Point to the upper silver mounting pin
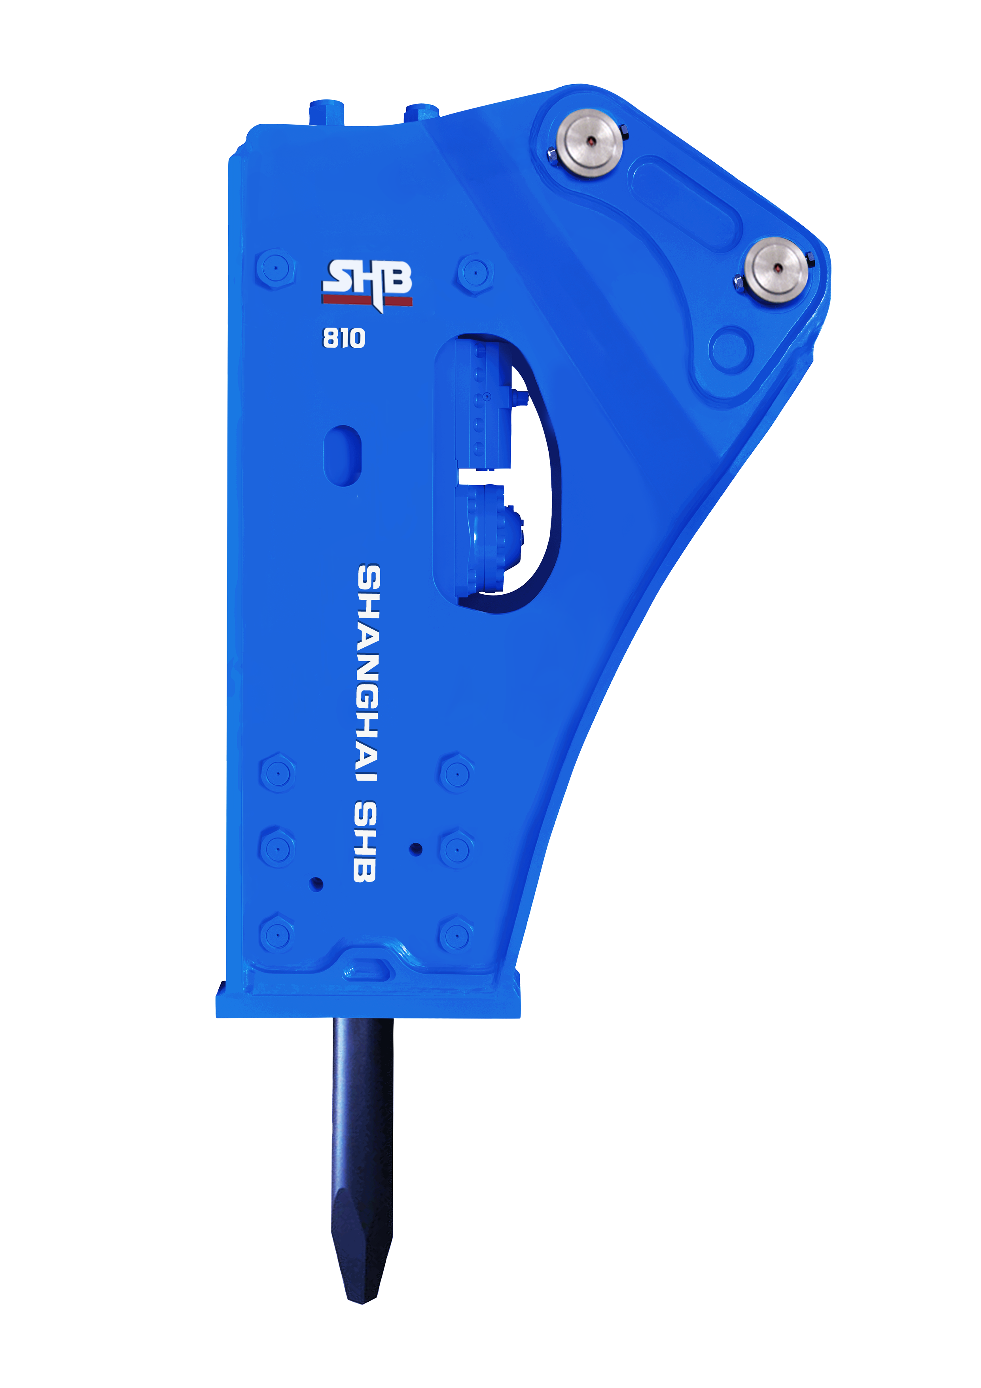591,143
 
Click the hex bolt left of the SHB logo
276,268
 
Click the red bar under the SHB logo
367,300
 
